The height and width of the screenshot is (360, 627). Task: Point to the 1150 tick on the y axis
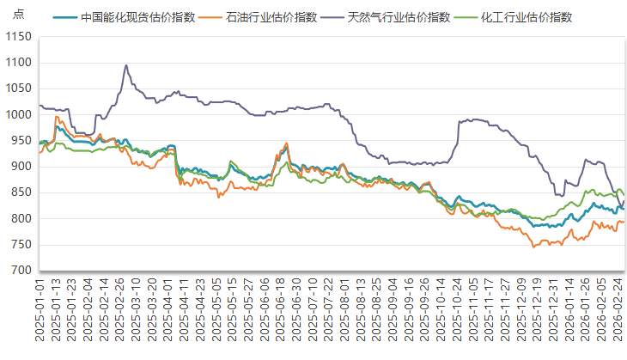pos(19,37)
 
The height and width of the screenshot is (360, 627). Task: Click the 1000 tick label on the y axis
pos(19,115)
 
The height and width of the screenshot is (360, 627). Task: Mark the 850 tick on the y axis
pos(21,192)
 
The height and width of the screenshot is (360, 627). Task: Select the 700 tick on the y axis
pos(21,271)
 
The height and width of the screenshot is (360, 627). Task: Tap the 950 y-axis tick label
pos(21,141)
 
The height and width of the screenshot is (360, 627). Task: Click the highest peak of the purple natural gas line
pos(126,65)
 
